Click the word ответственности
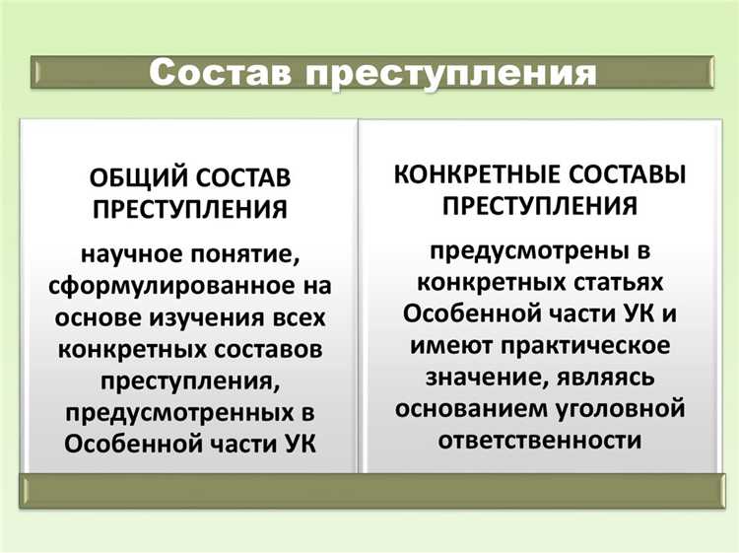tap(537, 439)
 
